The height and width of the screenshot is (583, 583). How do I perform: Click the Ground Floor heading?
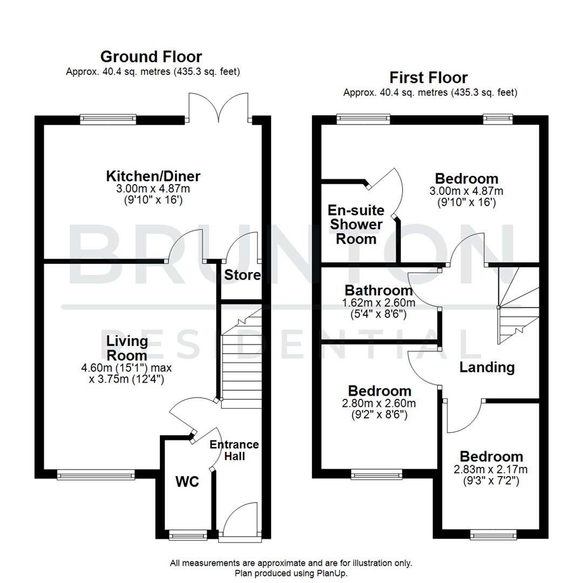point(151,56)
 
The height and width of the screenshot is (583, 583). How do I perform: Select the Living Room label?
point(127,348)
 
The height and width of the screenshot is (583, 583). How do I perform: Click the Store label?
point(242,275)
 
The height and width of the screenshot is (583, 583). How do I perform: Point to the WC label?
point(187,481)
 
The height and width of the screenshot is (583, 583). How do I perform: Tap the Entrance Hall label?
point(234,450)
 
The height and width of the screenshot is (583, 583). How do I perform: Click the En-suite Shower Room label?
point(356,223)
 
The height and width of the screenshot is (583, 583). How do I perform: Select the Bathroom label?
point(378,290)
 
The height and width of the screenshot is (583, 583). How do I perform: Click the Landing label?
point(487,368)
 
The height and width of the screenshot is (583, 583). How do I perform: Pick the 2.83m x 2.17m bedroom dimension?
point(491,469)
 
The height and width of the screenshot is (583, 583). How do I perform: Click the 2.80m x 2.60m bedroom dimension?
point(379,404)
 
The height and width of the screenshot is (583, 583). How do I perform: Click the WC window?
point(187,535)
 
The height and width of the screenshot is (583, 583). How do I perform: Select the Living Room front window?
point(96,474)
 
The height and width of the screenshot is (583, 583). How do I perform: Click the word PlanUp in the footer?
point(334,573)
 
